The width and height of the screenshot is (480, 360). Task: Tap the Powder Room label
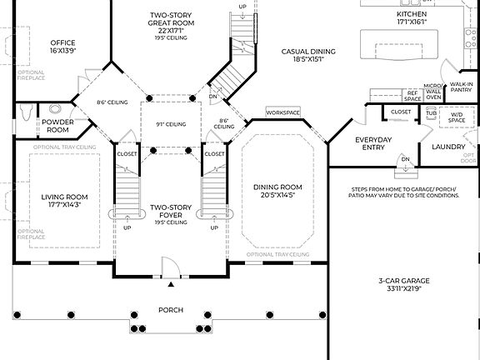(x=57, y=126)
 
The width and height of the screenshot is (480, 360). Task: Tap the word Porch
(x=171, y=310)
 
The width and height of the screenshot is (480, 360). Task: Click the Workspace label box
(x=282, y=112)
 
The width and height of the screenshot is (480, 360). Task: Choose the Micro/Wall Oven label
(x=433, y=92)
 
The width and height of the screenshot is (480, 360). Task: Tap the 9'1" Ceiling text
(x=170, y=124)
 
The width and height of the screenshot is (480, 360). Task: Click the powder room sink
(x=57, y=108)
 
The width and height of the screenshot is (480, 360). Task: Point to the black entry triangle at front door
(x=171, y=285)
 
